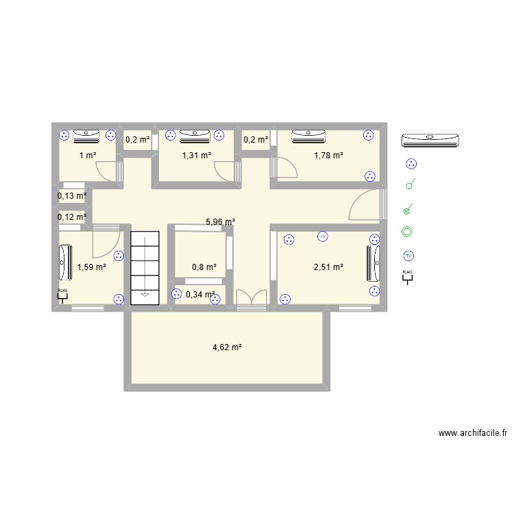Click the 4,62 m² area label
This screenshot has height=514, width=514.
tap(227, 347)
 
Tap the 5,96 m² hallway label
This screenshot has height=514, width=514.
tap(221, 222)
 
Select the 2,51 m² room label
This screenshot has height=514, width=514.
tap(328, 267)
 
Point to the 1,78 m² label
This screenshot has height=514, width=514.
tap(328, 155)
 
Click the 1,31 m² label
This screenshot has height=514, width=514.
tap(196, 155)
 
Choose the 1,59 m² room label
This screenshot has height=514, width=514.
tap(91, 267)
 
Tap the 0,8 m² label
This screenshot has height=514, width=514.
tap(204, 267)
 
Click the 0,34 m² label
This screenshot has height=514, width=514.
tap(200, 295)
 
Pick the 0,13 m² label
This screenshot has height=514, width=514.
tap(72, 196)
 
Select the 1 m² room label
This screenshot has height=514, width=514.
tap(87, 155)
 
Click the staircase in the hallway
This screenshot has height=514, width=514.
tap(145, 265)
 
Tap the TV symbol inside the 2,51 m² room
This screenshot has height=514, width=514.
tap(322, 237)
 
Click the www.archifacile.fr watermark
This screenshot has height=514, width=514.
tap(473, 433)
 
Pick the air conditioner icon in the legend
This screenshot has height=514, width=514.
tap(430, 140)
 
